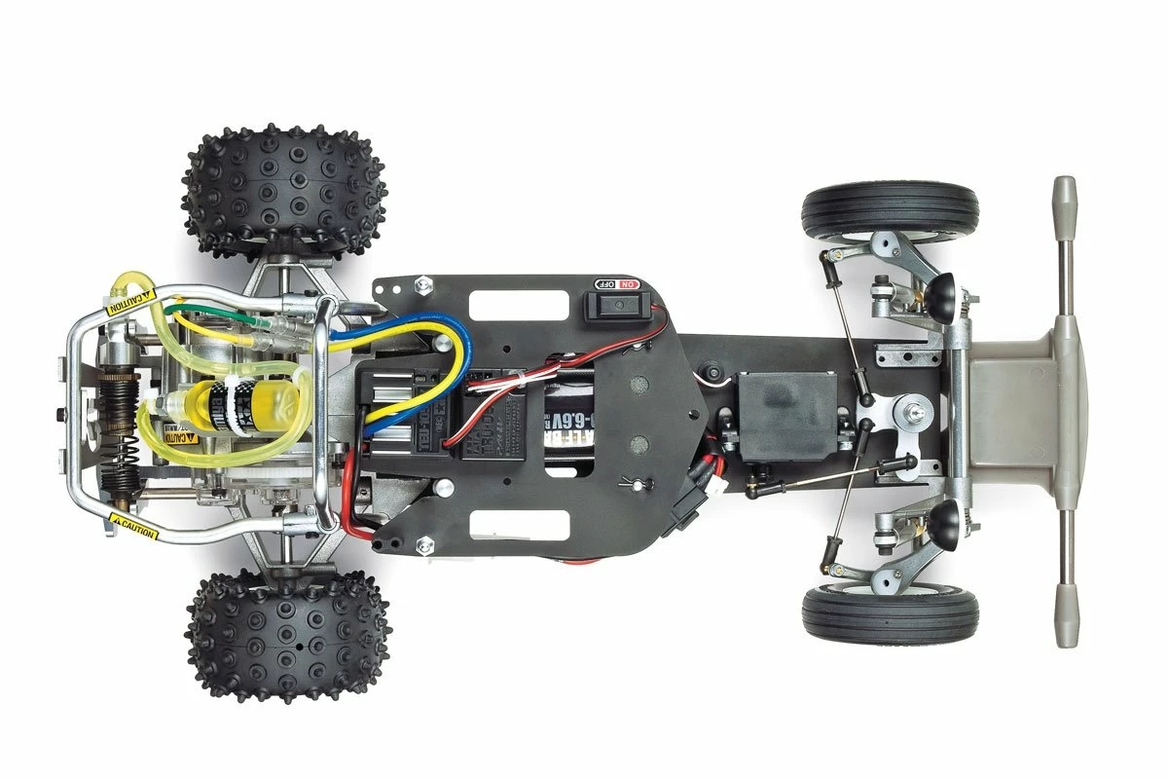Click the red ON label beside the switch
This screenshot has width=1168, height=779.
tap(628, 283)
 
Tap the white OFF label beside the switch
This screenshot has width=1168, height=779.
tap(603, 283)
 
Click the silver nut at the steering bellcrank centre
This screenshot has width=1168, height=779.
tap(915, 415)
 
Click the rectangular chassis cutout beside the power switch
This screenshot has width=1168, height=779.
tap(518, 306)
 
